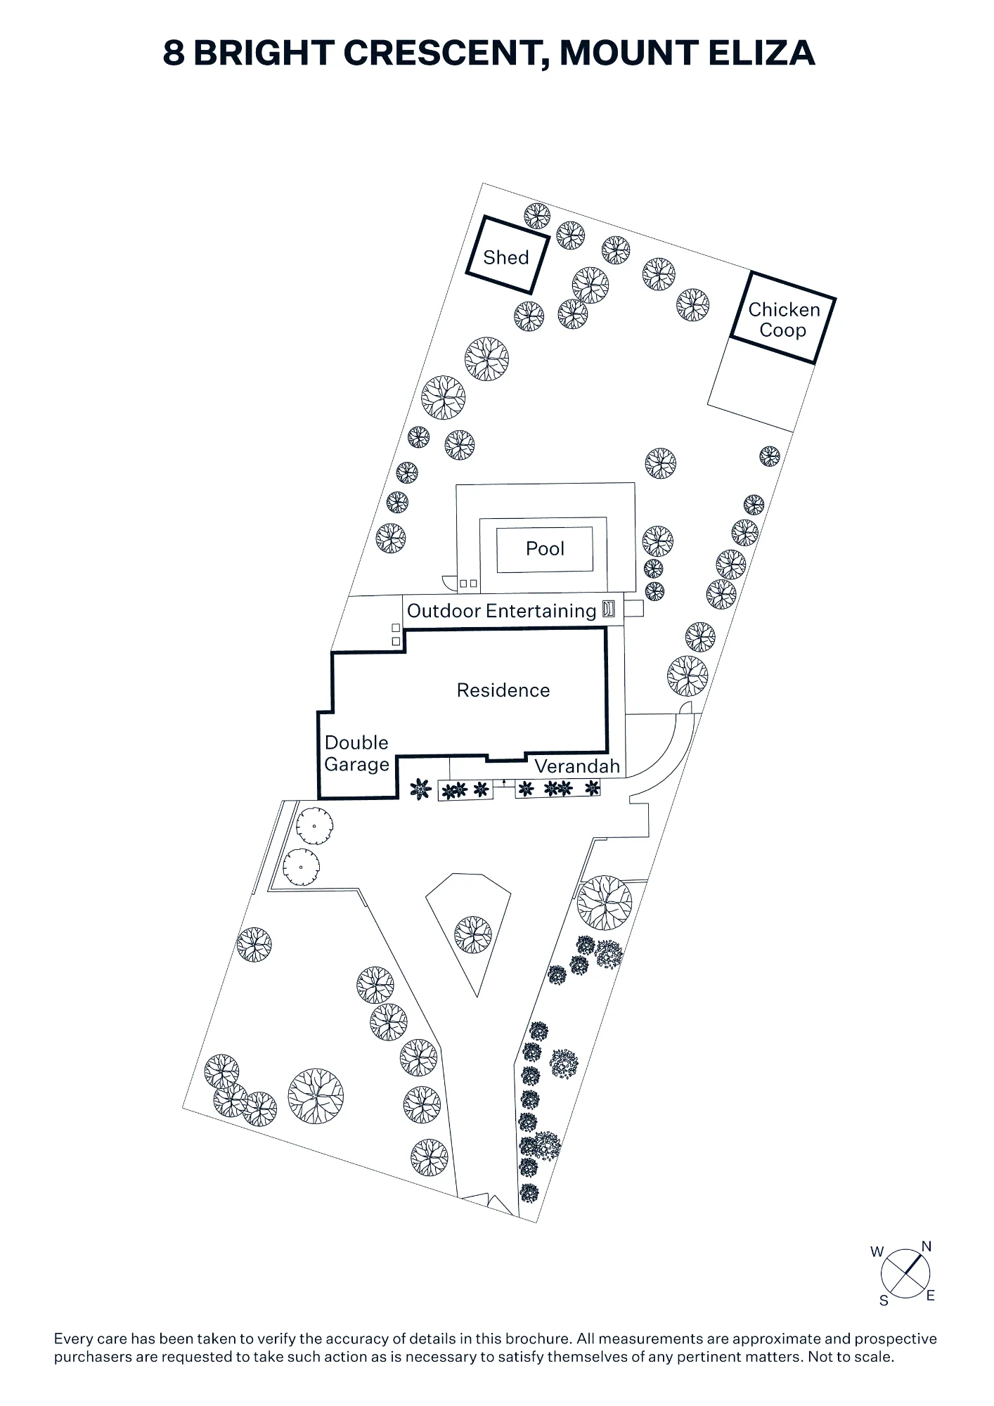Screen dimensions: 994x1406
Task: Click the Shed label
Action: pos(505,257)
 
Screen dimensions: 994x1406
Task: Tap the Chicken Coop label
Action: pos(784,320)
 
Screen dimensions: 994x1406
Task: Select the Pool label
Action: pos(545,548)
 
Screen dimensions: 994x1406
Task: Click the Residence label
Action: pos(503,690)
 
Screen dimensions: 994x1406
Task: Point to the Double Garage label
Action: pos(356,754)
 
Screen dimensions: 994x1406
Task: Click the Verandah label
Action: pos(577,766)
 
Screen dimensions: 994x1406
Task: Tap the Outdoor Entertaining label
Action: pos(501,611)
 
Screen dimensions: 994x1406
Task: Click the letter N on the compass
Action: pos(927,1246)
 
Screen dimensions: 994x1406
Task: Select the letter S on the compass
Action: pos(884,1301)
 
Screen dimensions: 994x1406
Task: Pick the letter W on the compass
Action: pos(877,1251)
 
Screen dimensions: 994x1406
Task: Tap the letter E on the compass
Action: pos(931,1296)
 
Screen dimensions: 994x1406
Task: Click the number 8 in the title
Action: pos(174,53)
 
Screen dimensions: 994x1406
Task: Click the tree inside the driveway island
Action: pos(473,935)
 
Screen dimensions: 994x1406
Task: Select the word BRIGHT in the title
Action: pos(264,53)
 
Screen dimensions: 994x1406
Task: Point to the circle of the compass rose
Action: pos(905,1252)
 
